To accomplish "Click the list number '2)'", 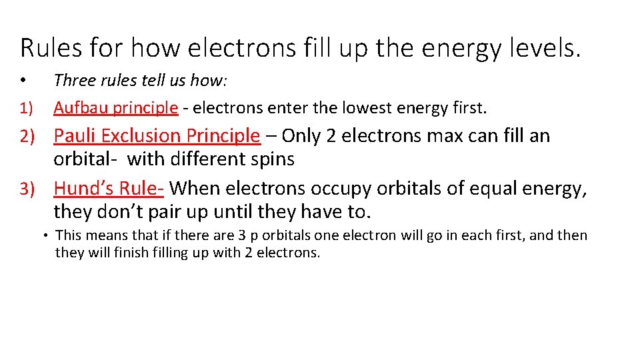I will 27,136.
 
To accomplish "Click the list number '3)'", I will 27,189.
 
